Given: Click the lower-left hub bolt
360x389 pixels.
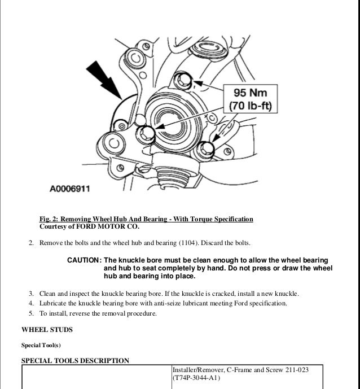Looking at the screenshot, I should point(147,133).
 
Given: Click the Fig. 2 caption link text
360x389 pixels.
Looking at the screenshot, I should point(146,219).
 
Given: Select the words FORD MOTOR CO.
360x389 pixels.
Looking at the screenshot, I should point(111,227).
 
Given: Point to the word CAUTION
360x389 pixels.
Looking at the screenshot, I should point(84,260).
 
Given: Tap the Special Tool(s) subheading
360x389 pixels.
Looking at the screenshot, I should point(40,344).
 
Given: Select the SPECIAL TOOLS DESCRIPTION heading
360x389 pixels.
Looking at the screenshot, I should point(75,360).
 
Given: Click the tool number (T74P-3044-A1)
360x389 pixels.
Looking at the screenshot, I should point(195,378).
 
